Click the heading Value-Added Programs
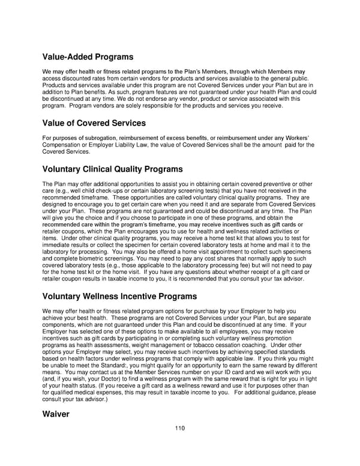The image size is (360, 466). [x=88, y=58]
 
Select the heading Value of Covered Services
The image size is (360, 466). [x=94, y=124]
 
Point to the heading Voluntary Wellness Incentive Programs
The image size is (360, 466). [x=119, y=296]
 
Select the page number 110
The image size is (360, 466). [x=180, y=428]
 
